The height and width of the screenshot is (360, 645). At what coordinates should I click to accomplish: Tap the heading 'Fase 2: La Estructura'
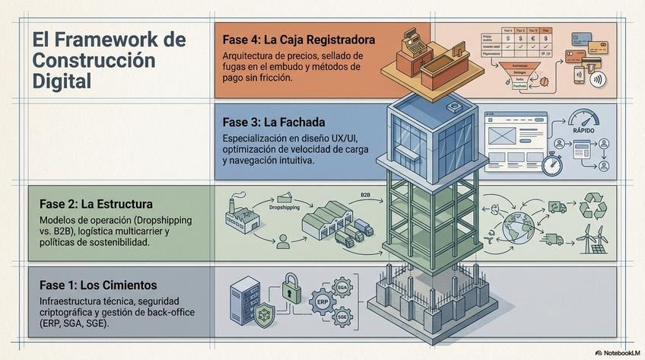[x=96, y=204]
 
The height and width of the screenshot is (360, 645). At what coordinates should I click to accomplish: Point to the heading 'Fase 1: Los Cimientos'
[x=98, y=285]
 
